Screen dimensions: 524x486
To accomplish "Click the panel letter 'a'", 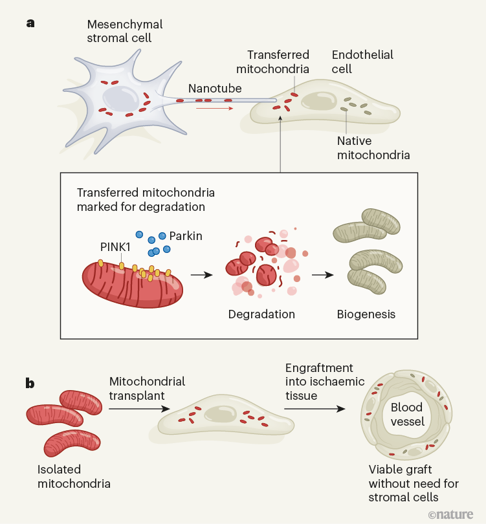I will (30, 23).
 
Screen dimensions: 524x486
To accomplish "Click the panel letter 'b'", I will (30, 384).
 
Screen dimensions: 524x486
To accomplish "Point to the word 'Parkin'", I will (186, 236).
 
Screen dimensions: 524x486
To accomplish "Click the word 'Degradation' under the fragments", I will (261, 314).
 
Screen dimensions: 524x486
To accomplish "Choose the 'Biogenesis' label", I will (366, 314).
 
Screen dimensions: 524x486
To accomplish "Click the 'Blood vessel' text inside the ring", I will (407, 414).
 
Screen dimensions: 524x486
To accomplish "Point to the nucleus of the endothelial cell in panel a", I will (317, 101).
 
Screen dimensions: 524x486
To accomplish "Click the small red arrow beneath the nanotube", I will (214, 109).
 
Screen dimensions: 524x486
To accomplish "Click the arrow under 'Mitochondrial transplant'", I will (140, 409).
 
